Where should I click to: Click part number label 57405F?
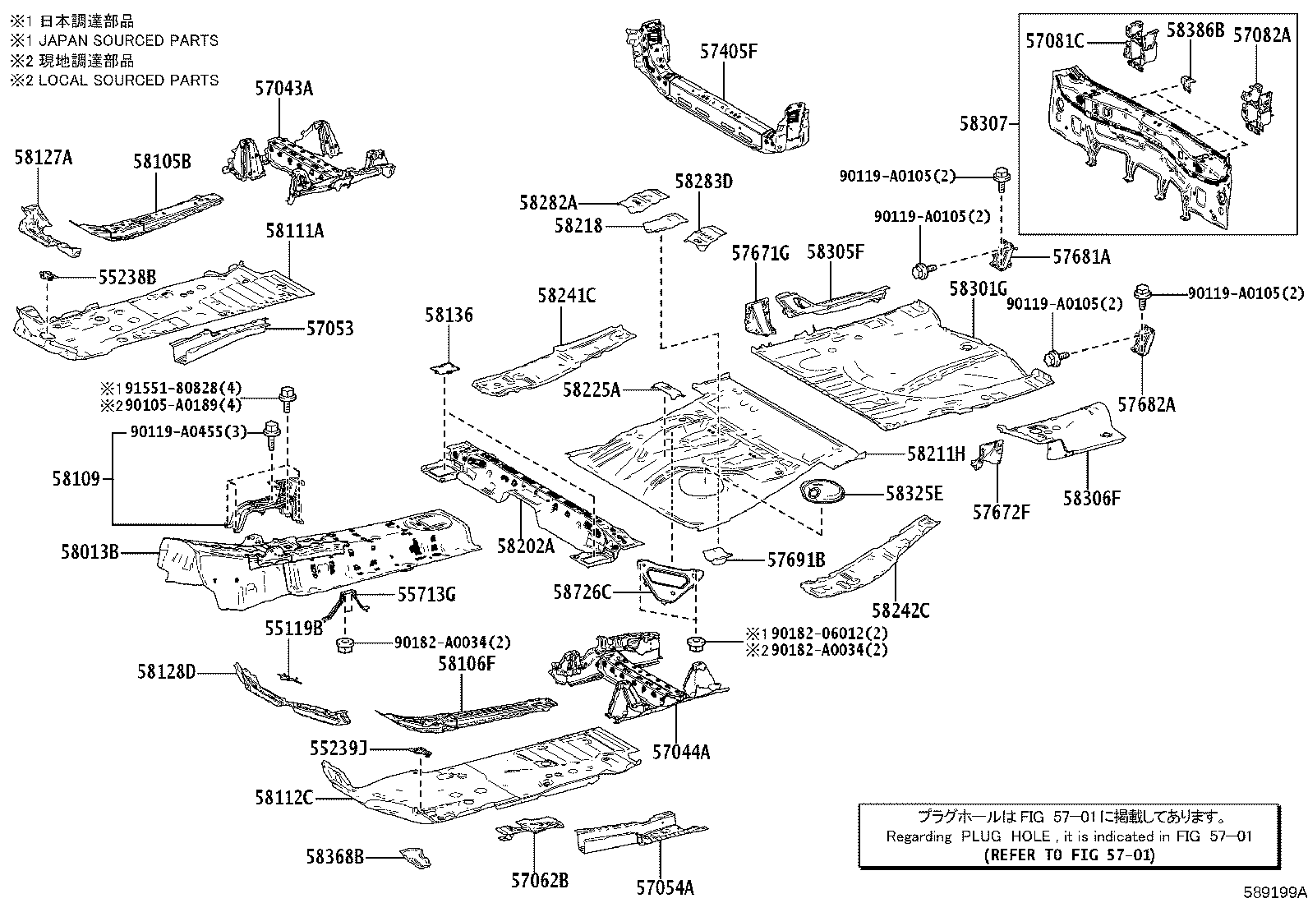pyautogui.click(x=728, y=52)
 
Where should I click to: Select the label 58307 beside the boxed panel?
pyautogui.click(x=983, y=124)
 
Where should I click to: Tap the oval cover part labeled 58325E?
pyautogui.click(x=822, y=494)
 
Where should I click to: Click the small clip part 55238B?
pyautogui.click(x=48, y=274)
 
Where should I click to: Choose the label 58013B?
pyautogui.click(x=90, y=553)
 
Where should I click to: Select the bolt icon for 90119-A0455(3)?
pyautogui.click(x=271, y=431)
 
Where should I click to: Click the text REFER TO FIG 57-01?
pyautogui.click(x=1069, y=855)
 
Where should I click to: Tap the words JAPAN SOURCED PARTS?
pyautogui.click(x=126, y=40)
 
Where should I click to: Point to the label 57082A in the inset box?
pyautogui.click(x=1262, y=35)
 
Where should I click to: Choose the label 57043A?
pyautogui.click(x=283, y=89)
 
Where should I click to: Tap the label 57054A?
pyautogui.click(x=665, y=887)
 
